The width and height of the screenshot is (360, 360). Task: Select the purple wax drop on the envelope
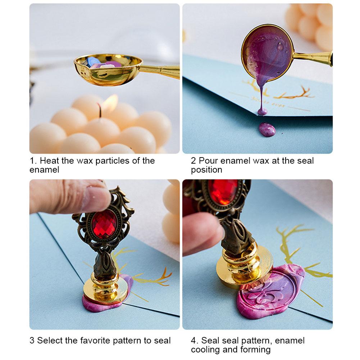(267, 129)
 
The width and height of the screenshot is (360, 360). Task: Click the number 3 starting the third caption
(32, 340)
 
